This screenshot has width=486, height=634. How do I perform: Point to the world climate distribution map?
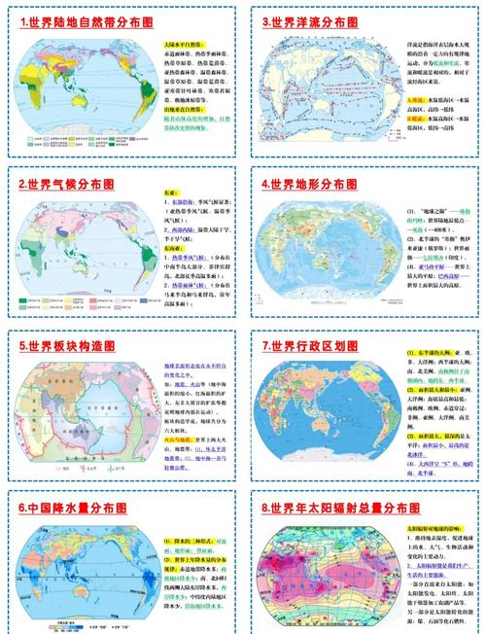85,256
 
